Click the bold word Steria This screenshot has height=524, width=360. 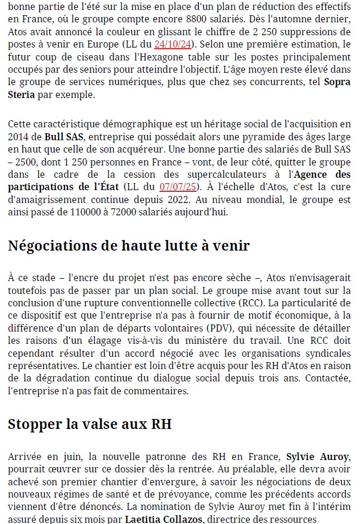click(x=22, y=94)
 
